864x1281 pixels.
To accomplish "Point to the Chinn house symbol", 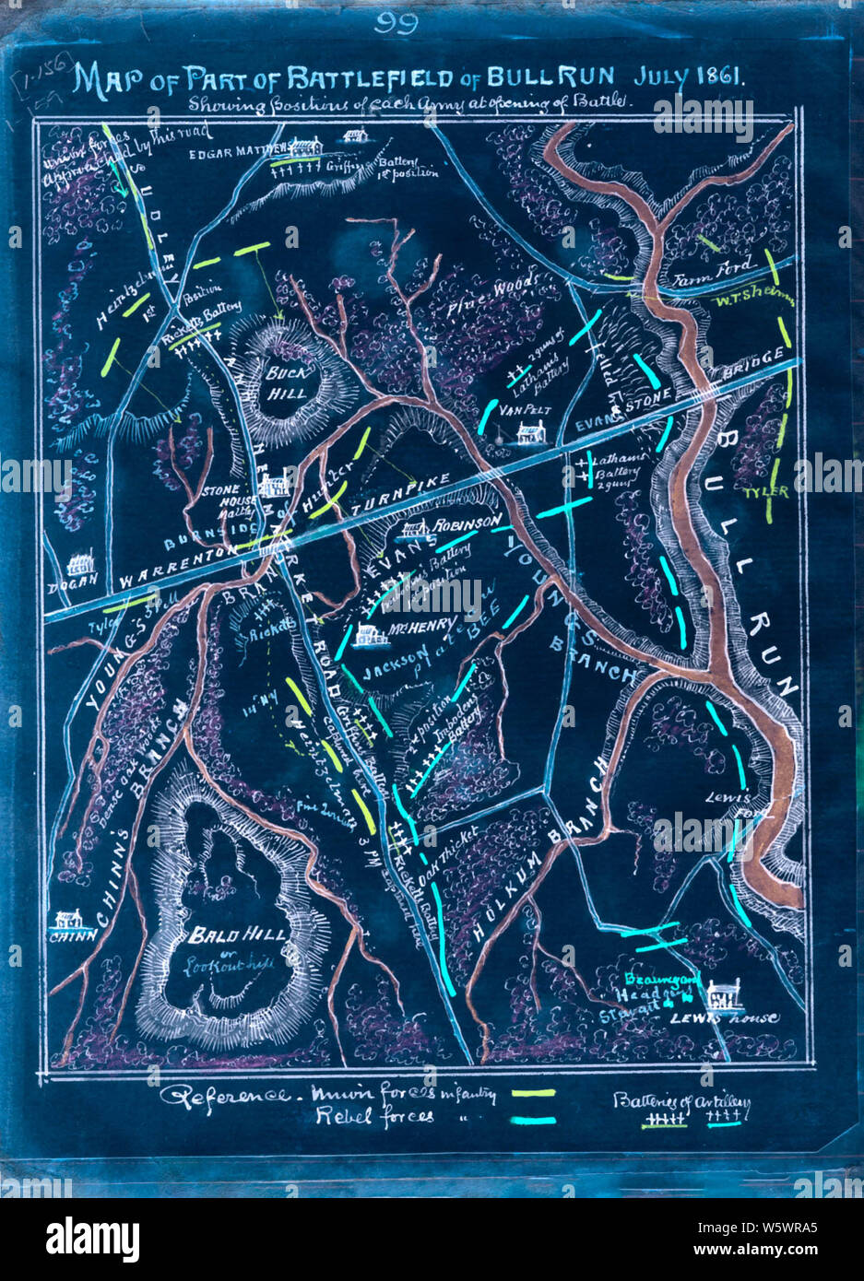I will [x=67, y=919].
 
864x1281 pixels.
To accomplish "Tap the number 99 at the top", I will [x=396, y=23].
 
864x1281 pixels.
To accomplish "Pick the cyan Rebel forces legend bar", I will [x=534, y=1121].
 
